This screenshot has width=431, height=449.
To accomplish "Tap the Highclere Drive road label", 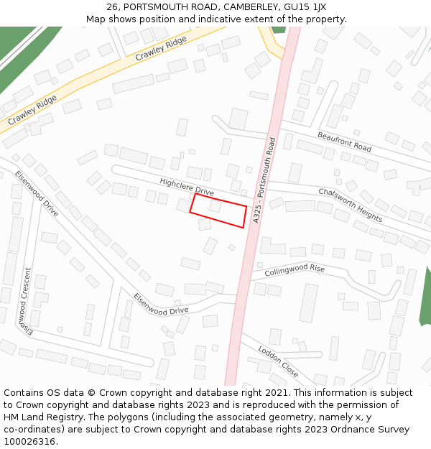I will pyautogui.click(x=187, y=188).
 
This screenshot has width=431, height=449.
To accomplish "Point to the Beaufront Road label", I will pyautogui.click(x=344, y=141).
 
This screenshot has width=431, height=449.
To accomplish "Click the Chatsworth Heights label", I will pyautogui.click(x=350, y=204).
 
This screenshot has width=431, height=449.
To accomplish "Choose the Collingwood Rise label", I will pyautogui.click(x=295, y=271).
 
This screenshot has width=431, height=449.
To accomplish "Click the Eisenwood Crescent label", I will pyautogui.click(x=27, y=301).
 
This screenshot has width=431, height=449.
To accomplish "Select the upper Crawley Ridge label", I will pyautogui.click(x=161, y=48).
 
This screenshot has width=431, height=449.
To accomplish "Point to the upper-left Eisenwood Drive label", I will pyautogui.click(x=36, y=193).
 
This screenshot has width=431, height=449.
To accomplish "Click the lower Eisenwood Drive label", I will pyautogui.click(x=161, y=304).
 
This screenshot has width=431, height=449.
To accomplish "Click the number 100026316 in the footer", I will pyautogui.click(x=29, y=441).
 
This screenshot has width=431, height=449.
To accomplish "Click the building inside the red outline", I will pyautogui.click(x=215, y=206).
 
